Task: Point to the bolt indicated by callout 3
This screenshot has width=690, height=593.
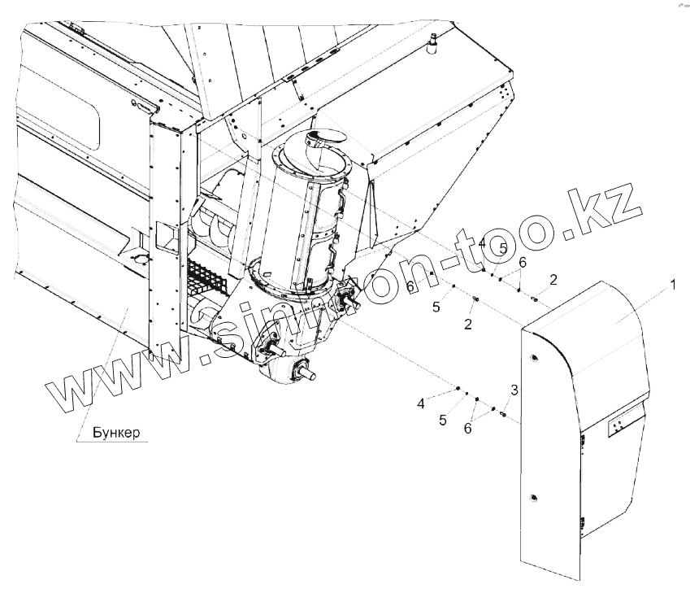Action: pos(503,415)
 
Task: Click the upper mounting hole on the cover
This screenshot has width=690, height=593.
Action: pos(533,359)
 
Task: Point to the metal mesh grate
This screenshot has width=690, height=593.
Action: pos(206,277)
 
